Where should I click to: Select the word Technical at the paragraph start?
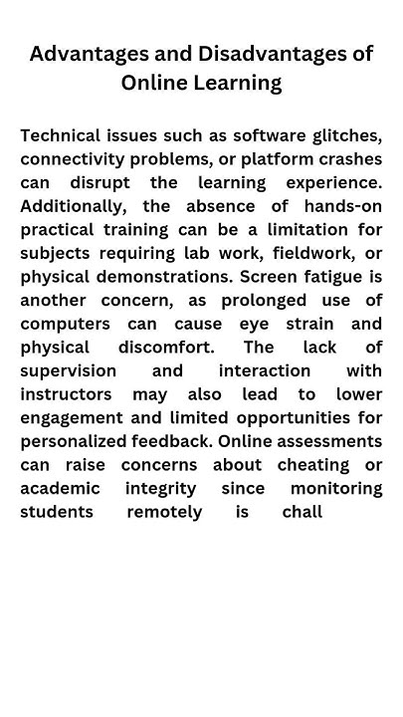tap(61, 135)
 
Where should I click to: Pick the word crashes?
tap(349, 159)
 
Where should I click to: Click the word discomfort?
tap(165, 348)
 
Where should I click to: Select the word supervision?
tap(68, 370)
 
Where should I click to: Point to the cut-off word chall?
tap(302, 512)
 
